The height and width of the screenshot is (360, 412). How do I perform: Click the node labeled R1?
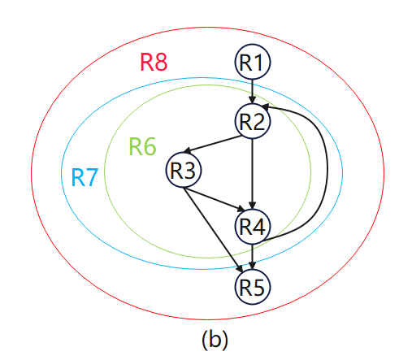[252, 62]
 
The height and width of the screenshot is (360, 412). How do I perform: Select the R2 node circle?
[252, 121]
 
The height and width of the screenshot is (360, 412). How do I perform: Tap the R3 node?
[184, 170]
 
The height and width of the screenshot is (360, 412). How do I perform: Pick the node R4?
[252, 227]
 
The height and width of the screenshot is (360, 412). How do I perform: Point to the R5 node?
[252, 287]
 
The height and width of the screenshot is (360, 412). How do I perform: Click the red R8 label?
[154, 62]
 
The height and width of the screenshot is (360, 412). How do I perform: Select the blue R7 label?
[85, 177]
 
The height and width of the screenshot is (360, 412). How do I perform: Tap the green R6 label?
[142, 146]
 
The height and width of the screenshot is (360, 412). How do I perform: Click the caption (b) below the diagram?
[215, 339]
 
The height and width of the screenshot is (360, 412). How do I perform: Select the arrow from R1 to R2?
[252, 92]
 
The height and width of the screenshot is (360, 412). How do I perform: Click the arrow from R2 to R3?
[213, 145]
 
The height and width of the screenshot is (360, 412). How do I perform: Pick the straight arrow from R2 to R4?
[252, 174]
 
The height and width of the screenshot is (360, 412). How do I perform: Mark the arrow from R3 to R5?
[213, 230]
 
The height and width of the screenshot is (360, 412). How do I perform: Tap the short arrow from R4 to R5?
[252, 257]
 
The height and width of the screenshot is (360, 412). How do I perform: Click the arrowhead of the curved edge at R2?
[265, 107]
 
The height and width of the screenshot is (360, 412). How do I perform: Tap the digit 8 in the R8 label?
[161, 63]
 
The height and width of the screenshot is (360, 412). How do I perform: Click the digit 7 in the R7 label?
[92, 177]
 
